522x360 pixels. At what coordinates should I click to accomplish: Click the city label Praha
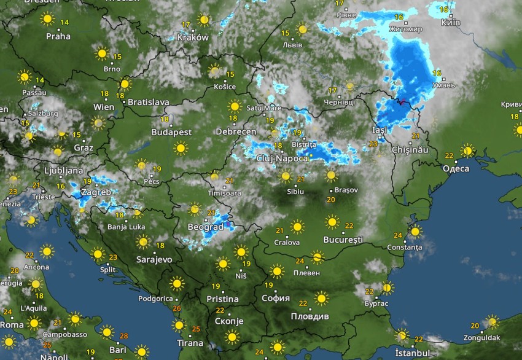[58, 36]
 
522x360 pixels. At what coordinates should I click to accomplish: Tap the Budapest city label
[171, 132]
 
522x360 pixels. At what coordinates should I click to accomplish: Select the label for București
[345, 238]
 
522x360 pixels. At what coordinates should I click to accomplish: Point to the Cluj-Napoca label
[282, 158]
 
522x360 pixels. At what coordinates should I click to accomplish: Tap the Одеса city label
[456, 168]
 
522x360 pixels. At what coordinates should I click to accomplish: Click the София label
[275, 299]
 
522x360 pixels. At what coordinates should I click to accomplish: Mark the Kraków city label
[193, 37]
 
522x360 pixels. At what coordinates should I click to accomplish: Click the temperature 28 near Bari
[124, 335]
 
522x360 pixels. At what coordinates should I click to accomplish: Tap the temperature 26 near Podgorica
[177, 308]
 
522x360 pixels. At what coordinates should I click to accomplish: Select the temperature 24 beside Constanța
[397, 235]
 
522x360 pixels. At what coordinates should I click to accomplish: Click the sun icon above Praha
[47, 19]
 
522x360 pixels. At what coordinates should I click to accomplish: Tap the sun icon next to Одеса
[468, 151]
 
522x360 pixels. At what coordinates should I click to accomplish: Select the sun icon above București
[332, 222]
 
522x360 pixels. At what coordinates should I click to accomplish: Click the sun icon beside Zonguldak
[491, 322]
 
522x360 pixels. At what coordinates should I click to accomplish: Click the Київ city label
[451, 22]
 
